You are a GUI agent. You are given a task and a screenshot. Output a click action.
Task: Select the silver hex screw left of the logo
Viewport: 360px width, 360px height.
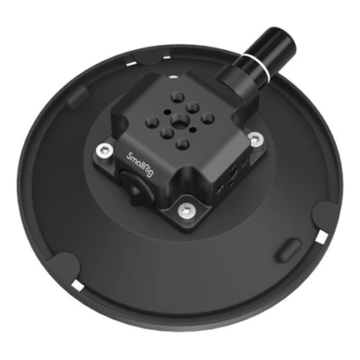pos(102,150)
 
